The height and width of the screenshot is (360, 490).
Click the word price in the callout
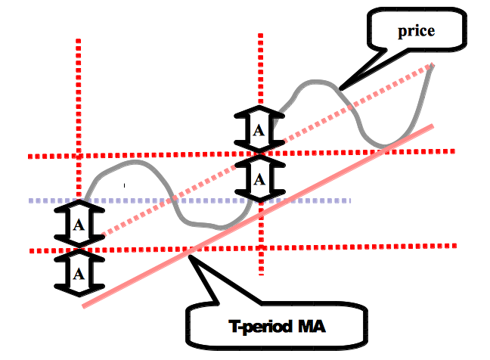pyautogui.click(x=416, y=31)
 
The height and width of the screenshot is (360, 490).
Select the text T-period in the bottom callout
pyautogui.click(x=261, y=327)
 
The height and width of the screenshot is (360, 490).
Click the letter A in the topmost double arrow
pyautogui.click(x=259, y=130)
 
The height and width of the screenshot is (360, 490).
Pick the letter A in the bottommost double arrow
pyautogui.click(x=79, y=275)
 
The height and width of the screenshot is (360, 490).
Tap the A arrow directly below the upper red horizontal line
pyautogui.click(x=259, y=178)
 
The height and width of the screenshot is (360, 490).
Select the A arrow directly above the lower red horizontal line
pyautogui.click(x=79, y=224)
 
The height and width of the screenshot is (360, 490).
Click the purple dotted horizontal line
pyautogui.click(x=189, y=200)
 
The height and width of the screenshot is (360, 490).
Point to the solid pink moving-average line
pyautogui.click(x=258, y=216)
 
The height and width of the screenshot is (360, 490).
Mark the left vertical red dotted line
pyautogui.click(x=79, y=119)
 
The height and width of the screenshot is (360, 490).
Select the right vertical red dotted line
pyautogui.click(x=261, y=154)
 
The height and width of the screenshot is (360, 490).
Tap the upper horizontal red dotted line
pyautogui.click(x=241, y=154)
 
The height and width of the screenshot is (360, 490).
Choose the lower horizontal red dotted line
pyautogui.click(x=243, y=248)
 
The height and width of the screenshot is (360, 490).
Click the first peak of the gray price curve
pyautogui.click(x=133, y=162)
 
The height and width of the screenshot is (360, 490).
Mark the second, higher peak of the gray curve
pyautogui.click(x=315, y=81)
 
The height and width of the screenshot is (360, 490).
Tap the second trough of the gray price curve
pyautogui.click(x=383, y=146)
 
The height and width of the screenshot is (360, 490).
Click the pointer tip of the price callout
pyautogui.click(x=340, y=89)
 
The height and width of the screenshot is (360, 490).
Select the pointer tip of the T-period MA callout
pyautogui.click(x=189, y=256)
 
